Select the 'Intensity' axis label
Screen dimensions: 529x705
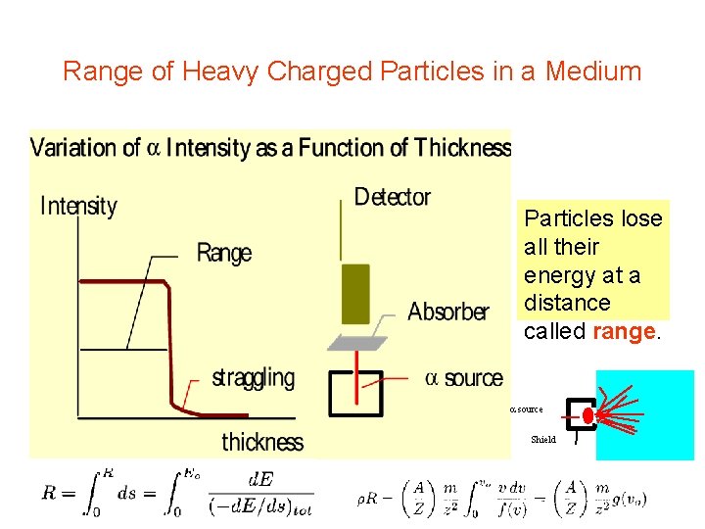tap(78, 206)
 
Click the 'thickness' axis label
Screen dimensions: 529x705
tap(262, 442)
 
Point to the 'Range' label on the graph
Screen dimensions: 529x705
tap(224, 253)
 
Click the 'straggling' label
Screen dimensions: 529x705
tap(253, 377)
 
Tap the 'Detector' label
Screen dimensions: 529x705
tap(393, 197)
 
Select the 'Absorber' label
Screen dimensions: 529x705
tap(447, 312)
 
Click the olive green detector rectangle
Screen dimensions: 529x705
tap(355, 293)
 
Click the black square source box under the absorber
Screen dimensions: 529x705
tap(354, 393)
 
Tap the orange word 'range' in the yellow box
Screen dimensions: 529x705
tap(626, 331)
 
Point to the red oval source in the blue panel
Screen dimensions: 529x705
tap(588, 416)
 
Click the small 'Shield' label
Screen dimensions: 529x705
tap(543, 440)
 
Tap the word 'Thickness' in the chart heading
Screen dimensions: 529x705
tap(461, 148)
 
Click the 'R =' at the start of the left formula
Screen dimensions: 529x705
tap(58, 494)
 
